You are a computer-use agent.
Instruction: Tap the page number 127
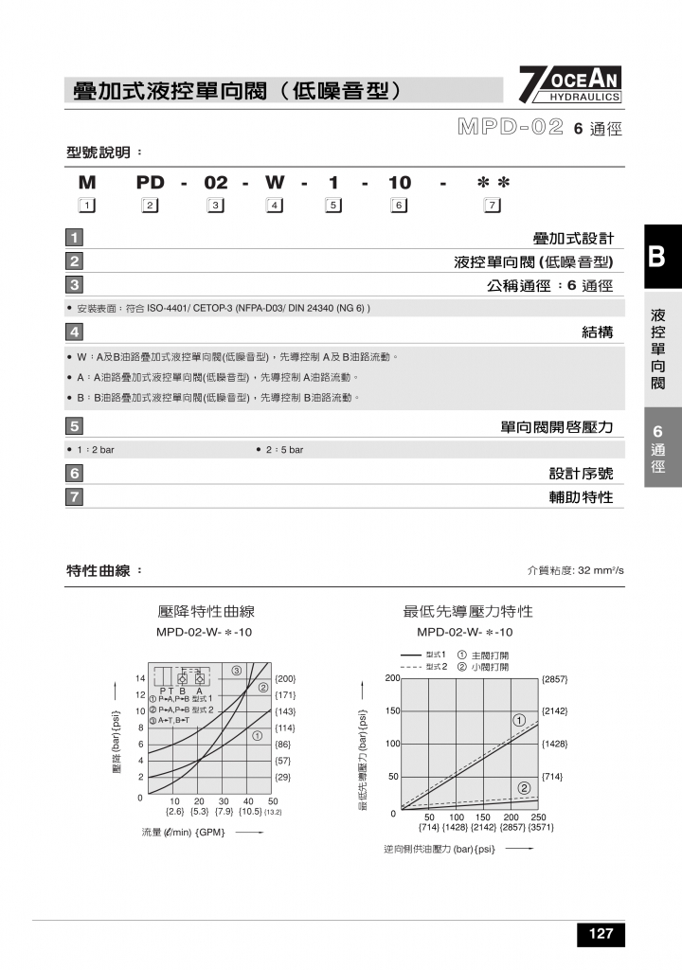[601, 934]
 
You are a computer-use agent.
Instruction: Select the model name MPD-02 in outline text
[511, 127]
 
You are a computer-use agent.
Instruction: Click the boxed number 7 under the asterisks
[492, 206]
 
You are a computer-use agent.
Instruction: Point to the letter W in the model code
[274, 182]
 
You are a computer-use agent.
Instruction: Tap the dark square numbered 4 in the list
[75, 332]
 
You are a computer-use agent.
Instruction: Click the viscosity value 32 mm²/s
[599, 571]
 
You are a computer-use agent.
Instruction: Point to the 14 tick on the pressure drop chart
[140, 678]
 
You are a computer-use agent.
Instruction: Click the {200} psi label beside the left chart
[285, 679]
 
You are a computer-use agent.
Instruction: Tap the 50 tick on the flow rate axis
[273, 800]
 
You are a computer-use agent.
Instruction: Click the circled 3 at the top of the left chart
[235, 671]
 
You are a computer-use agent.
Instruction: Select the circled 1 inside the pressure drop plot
[257, 736]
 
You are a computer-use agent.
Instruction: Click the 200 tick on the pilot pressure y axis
[391, 678]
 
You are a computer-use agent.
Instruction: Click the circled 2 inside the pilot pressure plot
[523, 788]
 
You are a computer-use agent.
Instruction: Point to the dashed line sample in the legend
[411, 667]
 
